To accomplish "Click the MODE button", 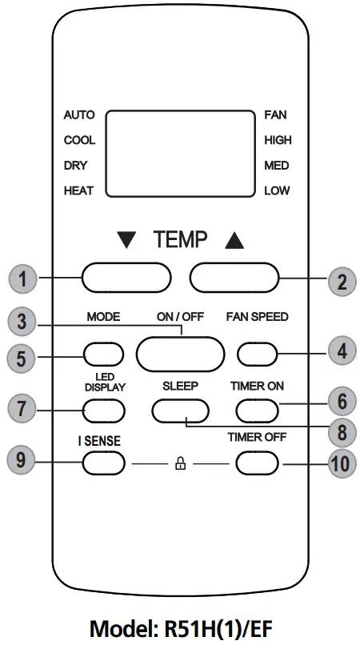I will click(103, 352).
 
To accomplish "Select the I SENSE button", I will click(103, 463).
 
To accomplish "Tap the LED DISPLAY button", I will click(103, 410).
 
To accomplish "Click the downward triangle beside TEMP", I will click(126, 238).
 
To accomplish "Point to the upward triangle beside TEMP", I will click(234, 238).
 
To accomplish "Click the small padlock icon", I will click(180, 463).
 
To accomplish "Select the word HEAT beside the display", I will click(78, 191).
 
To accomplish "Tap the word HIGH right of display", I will click(278, 140).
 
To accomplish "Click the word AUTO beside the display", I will click(78, 114).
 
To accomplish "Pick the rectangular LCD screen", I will click(180, 153).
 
